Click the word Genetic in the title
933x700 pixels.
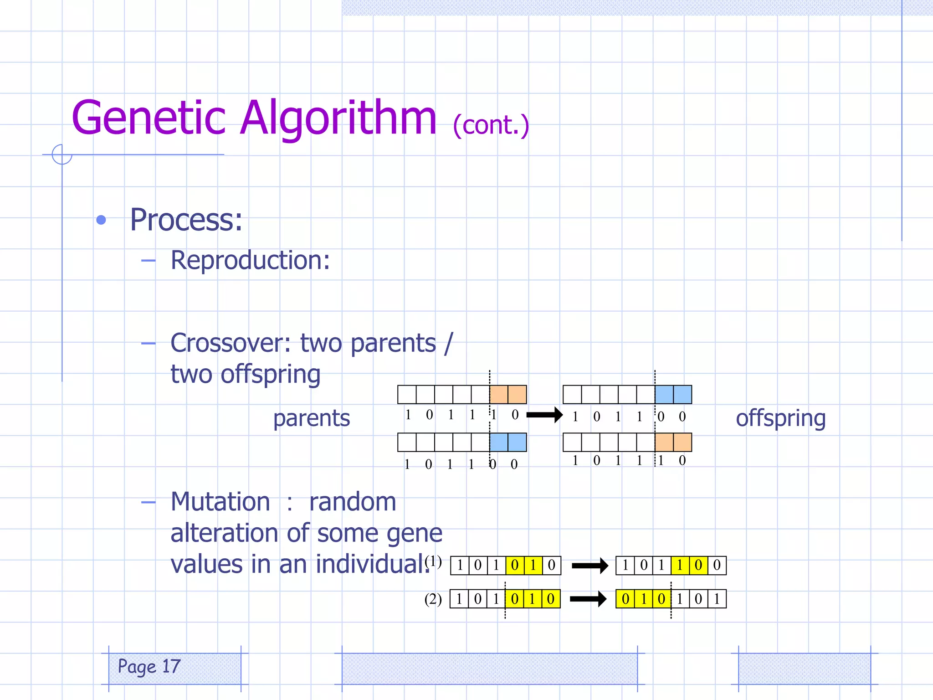149,118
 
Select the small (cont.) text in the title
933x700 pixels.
491,125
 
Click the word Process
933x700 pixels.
186,220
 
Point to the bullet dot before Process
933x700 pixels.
101,221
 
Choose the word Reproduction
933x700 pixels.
250,261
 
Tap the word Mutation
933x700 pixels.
220,502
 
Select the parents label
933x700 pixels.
312,418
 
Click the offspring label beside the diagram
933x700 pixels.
780,418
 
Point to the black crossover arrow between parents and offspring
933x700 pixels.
544,415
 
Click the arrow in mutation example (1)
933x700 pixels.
590,566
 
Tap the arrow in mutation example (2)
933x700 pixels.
588,599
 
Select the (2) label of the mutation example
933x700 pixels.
433,599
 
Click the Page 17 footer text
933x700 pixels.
149,667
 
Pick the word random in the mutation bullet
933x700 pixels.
352,502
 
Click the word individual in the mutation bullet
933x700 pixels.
373,564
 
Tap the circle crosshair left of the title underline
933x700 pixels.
62,154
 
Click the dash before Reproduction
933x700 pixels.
148,261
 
